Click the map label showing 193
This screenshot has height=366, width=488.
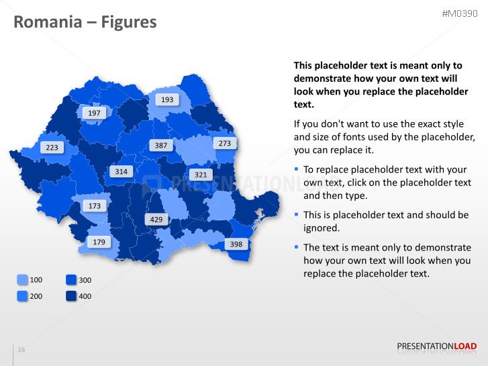tap(167, 99)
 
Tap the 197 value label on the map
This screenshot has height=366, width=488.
tap(94, 113)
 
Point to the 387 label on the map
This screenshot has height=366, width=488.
tap(160, 145)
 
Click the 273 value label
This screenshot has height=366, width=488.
tap(224, 143)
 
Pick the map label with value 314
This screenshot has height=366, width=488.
tap(121, 171)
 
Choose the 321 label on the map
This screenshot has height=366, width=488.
tap(200, 175)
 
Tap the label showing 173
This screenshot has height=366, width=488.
tap(95, 205)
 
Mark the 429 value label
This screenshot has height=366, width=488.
tap(156, 220)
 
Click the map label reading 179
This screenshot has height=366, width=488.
tap(99, 242)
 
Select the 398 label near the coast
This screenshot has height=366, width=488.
tap(236, 244)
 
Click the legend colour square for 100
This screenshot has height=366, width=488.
tap(22, 280)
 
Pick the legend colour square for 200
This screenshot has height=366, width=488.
tap(22, 296)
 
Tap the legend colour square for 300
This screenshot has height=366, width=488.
tap(71, 280)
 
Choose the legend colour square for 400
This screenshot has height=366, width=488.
tap(71, 296)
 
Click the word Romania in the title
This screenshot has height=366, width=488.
tap(46, 23)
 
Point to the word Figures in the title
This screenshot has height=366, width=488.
tap(129, 23)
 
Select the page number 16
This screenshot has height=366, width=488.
tap(21, 350)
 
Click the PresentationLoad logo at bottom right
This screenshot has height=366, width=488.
tap(436, 347)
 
